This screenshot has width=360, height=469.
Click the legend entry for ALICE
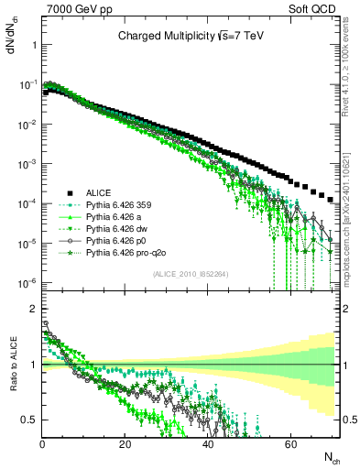point(98,192)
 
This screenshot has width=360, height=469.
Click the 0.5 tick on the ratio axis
point(30,420)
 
